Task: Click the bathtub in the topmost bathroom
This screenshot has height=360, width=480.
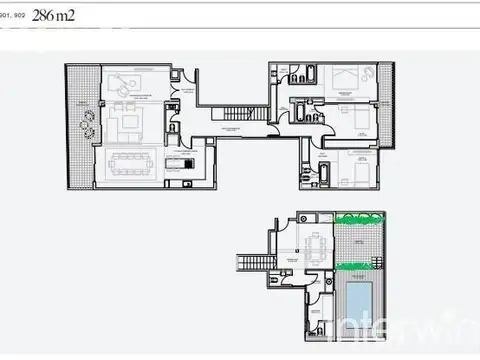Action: tap(309, 74)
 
